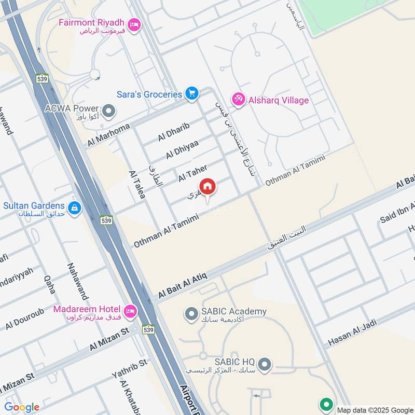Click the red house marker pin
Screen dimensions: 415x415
208,187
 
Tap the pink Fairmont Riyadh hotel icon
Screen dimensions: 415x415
135,24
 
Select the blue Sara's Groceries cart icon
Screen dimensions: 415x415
192,94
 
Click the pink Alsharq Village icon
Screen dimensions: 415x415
239,100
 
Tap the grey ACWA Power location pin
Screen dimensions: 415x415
109,111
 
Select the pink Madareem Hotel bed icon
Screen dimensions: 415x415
131,312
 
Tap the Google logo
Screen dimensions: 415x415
22,407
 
